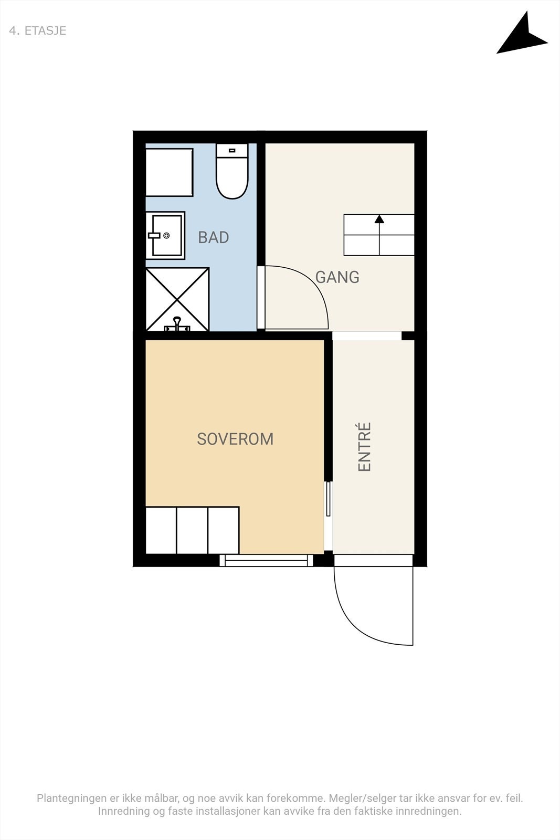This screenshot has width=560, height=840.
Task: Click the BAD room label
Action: [x=213, y=237]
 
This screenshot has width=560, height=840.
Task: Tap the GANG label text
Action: [x=337, y=277]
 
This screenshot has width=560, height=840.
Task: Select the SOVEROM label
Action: [x=235, y=439]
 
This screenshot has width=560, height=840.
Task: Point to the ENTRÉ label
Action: [x=364, y=447]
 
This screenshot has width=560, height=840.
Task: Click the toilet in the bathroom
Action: [x=232, y=171]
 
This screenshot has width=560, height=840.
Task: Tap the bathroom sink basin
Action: [x=165, y=236]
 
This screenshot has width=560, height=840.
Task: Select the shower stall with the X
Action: [x=177, y=299]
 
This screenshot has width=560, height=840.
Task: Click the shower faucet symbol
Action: [x=177, y=324]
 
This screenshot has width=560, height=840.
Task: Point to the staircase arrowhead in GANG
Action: [x=379, y=218]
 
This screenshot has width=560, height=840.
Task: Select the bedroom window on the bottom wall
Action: [x=266, y=560]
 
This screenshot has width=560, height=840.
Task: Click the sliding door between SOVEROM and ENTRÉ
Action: [x=329, y=499]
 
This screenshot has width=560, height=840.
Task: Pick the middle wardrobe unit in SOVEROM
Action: [x=192, y=530]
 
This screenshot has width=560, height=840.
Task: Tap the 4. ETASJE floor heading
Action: [x=37, y=31]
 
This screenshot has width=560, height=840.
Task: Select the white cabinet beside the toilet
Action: [x=170, y=172]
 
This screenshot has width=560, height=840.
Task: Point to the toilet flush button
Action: [x=232, y=150]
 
